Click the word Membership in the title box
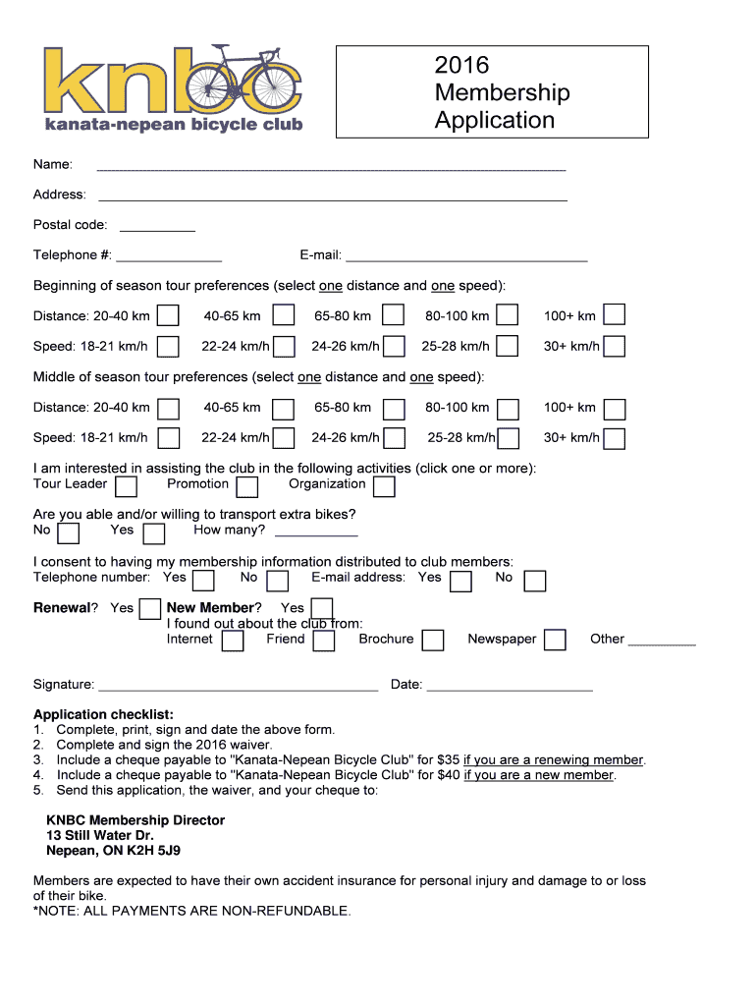(x=502, y=93)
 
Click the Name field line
(x=331, y=169)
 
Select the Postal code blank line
(x=157, y=230)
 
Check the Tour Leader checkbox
(x=126, y=487)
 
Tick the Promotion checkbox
(x=247, y=487)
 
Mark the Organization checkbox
(x=384, y=487)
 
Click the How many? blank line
(x=316, y=534)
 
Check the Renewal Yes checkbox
(x=149, y=609)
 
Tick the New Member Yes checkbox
(x=322, y=609)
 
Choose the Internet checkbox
(x=233, y=641)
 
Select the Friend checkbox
(x=324, y=641)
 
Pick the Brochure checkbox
(x=433, y=641)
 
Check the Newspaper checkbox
(x=555, y=641)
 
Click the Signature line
(x=239, y=690)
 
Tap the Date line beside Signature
(x=510, y=690)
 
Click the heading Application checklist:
(x=103, y=714)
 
